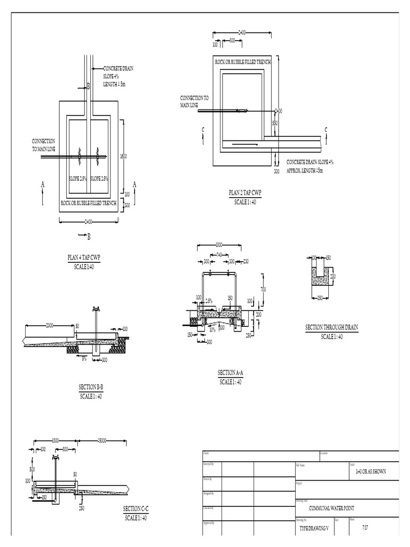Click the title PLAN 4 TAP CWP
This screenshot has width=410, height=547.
click(x=84, y=257)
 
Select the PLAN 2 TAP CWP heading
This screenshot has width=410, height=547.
click(x=245, y=193)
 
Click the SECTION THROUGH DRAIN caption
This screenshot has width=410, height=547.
click(x=332, y=327)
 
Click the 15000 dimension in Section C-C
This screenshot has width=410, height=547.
click(x=102, y=441)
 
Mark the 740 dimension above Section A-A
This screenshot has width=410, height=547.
click(x=219, y=255)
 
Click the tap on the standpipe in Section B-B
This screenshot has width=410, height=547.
click(x=97, y=308)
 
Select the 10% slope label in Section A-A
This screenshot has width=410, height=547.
click(x=212, y=330)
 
